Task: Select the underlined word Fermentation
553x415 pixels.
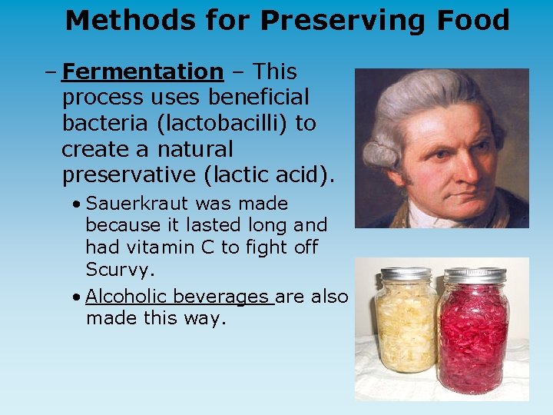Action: coord(142,71)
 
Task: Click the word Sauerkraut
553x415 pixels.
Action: coord(138,204)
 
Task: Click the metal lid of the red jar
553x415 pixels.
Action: coord(474,275)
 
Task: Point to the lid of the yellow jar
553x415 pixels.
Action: coord(406,274)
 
